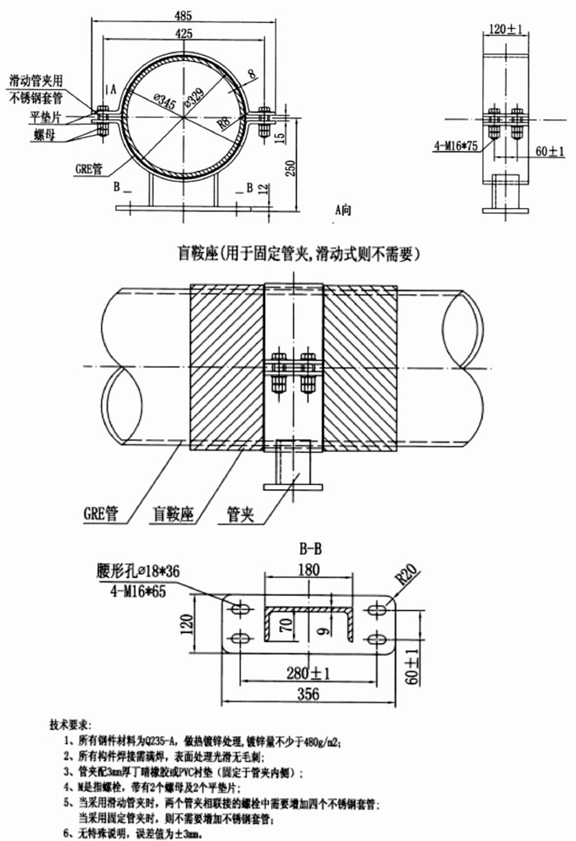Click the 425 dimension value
pos(185,34)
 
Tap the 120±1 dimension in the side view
pos(505,30)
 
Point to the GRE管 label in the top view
pos(88,168)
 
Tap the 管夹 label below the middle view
pos(239,515)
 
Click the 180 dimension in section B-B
pos(306,571)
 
